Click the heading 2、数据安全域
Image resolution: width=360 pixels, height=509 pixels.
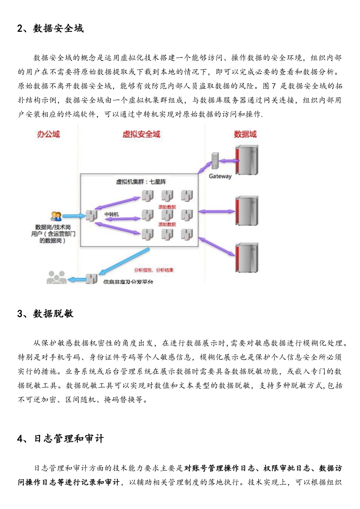click(50, 28)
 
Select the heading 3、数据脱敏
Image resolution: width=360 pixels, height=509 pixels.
click(45, 314)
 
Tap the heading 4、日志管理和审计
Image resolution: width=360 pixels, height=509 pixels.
click(61, 439)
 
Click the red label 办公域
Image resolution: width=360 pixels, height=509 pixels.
click(49, 134)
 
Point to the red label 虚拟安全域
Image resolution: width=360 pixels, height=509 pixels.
click(141, 134)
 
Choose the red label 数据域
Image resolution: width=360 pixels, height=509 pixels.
click(245, 134)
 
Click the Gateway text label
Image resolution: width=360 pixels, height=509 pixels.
click(220, 176)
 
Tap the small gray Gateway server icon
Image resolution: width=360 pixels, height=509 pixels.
click(215, 161)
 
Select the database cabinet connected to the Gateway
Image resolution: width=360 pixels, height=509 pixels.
click(247, 160)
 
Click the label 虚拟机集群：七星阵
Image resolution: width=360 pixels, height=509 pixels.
click(141, 182)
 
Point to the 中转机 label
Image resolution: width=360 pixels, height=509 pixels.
click(111, 214)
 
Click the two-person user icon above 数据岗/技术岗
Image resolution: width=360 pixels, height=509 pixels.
click(56, 216)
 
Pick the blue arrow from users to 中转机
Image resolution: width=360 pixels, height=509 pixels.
click(74, 216)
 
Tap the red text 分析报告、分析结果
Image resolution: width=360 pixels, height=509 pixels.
click(153, 270)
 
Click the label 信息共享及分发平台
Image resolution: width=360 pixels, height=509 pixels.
click(128, 282)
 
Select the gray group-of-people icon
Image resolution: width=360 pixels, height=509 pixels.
click(56, 278)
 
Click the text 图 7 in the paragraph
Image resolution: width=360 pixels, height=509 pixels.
click(269, 86)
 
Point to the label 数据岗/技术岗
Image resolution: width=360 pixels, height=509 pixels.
click(53, 227)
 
